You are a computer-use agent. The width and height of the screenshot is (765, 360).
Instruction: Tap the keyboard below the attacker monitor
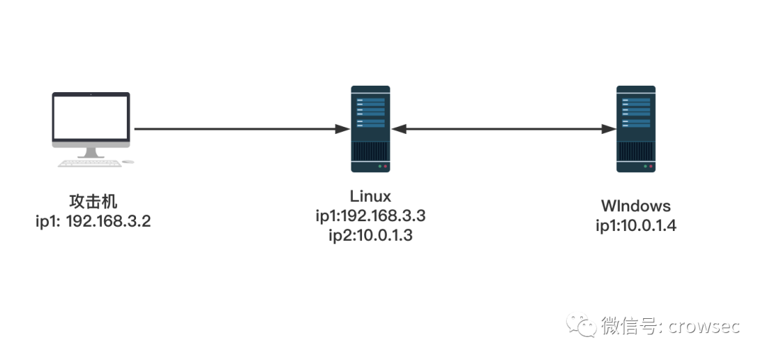89,163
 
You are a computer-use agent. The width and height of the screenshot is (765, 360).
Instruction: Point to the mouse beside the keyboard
127,162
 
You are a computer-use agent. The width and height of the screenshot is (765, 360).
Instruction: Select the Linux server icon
370,128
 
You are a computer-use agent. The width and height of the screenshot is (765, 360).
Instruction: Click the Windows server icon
635,128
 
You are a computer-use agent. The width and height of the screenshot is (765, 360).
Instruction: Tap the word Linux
370,196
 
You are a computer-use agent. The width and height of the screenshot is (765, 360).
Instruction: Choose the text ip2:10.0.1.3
370,235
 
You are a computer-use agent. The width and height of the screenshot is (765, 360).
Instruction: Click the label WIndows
635,206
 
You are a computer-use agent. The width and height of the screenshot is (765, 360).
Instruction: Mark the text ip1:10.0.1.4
635,226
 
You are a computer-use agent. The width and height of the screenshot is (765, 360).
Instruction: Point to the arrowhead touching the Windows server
609,129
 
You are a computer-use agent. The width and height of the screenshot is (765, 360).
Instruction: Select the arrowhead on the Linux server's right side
398,129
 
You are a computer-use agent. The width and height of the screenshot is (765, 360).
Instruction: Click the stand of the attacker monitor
91,152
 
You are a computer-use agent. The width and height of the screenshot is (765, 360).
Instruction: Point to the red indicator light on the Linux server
385,167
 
